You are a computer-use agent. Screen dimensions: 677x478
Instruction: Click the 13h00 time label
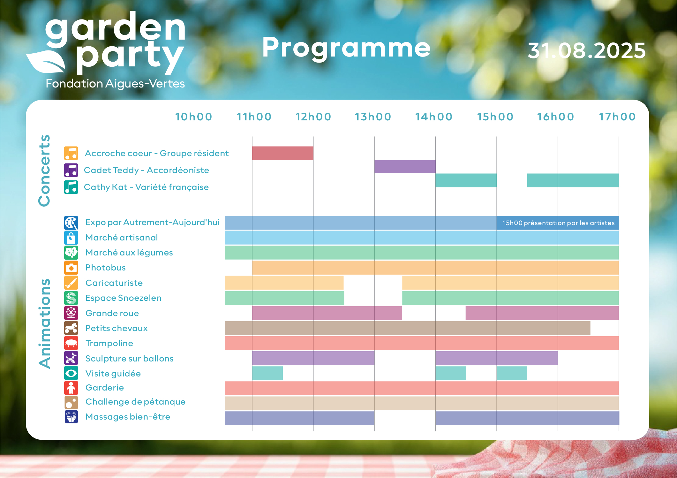373,117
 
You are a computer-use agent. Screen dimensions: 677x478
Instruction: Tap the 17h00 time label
617,117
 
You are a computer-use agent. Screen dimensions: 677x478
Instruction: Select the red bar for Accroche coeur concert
282,153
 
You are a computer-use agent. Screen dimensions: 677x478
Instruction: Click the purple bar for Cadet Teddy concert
405,167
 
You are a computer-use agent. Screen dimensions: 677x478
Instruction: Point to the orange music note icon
71,153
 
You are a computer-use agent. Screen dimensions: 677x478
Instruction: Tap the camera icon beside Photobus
71,268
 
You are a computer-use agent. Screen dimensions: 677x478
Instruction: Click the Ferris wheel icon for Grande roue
71,313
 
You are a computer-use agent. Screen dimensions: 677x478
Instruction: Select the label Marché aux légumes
129,253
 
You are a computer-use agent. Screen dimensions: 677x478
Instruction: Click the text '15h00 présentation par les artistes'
559,223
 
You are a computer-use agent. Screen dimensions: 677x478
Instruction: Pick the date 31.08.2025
587,50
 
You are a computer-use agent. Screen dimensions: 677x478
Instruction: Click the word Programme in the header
346,48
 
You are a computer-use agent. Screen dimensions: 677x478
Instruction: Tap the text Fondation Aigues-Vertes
115,84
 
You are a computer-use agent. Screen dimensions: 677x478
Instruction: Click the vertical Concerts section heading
44,171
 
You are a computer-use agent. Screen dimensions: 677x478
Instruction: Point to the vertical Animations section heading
44,324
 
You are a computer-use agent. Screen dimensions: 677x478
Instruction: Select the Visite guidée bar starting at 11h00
267,373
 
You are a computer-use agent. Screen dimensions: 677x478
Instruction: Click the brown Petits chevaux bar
407,328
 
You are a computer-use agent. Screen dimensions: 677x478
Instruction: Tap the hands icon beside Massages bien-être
71,417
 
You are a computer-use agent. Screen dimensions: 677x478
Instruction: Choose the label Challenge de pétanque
135,402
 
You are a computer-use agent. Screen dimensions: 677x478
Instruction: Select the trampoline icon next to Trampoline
71,343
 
